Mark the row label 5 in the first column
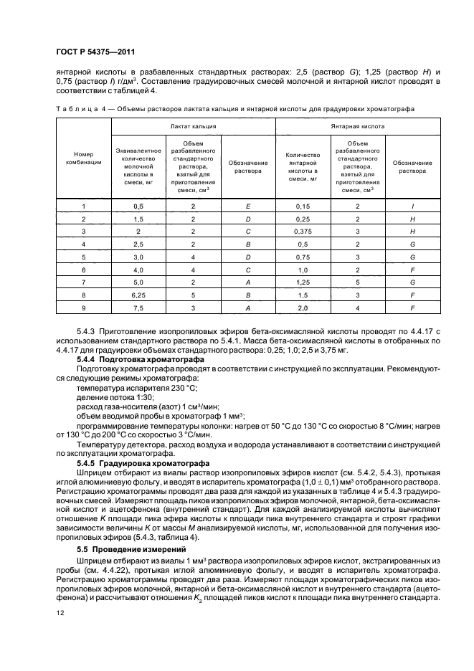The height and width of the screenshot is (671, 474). coord(83,256)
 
